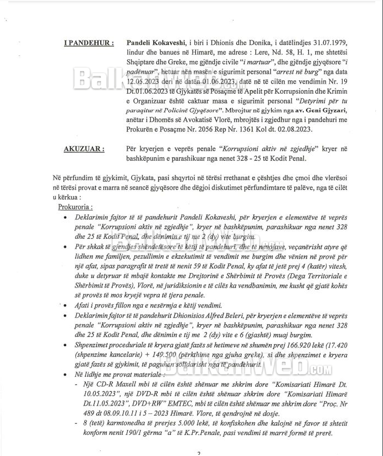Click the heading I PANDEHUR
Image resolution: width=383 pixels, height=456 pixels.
[x=90, y=42]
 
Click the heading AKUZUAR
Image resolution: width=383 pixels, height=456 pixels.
[x=83, y=149]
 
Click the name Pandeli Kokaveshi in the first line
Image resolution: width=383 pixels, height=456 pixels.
[x=157, y=42]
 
